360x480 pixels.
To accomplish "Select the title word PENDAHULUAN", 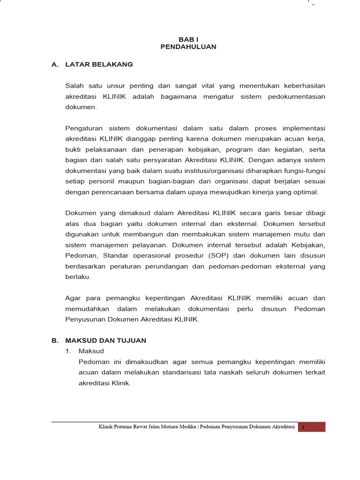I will coord(188,47).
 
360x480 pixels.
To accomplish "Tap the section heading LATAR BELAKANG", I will coord(99,64).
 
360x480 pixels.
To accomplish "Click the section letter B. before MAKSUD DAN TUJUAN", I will coord(54,341).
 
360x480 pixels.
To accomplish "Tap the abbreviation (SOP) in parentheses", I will coord(205,255).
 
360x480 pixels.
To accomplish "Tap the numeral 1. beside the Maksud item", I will coord(68,351).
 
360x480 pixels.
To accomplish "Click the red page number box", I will coord(312,427).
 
